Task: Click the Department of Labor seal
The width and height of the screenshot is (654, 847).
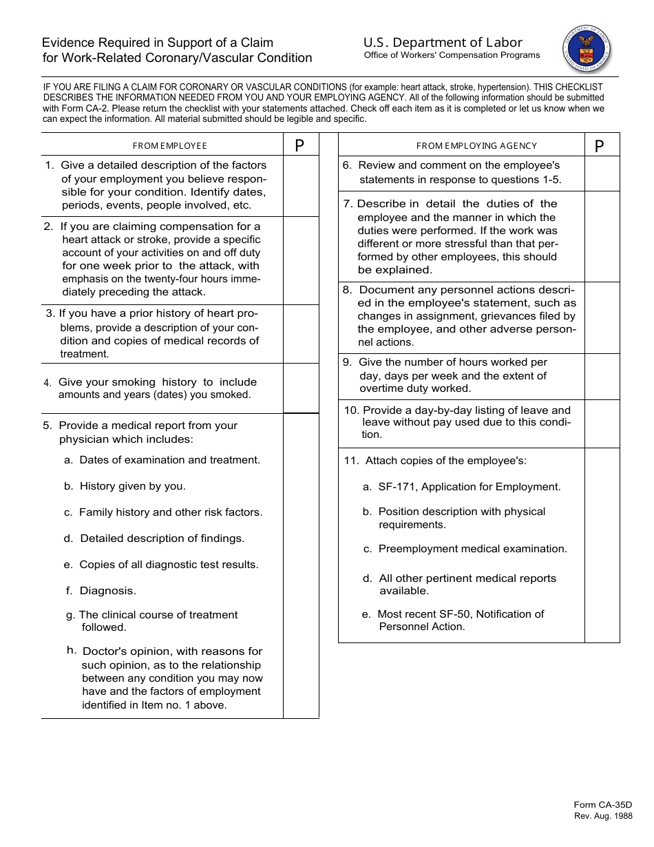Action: pyautogui.click(x=587, y=46)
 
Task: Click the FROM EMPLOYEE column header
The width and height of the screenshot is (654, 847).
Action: pyautogui.click(x=169, y=146)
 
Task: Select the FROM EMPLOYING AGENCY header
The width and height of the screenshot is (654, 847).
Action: pyautogui.click(x=476, y=146)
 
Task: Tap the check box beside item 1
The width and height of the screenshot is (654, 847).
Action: pyautogui.click(x=301, y=186)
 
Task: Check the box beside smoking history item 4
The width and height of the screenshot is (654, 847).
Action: pyautogui.click(x=301, y=388)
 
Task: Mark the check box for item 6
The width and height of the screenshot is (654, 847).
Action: pyautogui.click(x=602, y=174)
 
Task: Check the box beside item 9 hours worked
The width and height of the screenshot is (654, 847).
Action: pyautogui.click(x=602, y=376)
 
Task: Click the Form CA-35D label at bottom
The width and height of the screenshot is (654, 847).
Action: pyautogui.click(x=602, y=805)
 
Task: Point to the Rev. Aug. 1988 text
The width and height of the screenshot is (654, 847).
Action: pyautogui.click(x=603, y=816)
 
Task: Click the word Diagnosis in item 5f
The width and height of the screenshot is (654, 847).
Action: pyautogui.click(x=108, y=591)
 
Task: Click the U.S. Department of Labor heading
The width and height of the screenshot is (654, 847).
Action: pyautogui.click(x=443, y=43)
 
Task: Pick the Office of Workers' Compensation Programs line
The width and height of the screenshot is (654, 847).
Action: pyautogui.click(x=452, y=56)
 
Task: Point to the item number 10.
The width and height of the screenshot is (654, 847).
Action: pyautogui.click(x=350, y=410)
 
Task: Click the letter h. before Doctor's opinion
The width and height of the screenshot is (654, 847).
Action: pyautogui.click(x=72, y=650)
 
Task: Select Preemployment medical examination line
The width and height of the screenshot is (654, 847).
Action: pyautogui.click(x=472, y=549)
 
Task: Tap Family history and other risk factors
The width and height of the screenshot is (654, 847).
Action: pyautogui.click(x=171, y=512)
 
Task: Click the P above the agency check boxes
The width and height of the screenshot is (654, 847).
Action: pyautogui.click(x=599, y=146)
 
